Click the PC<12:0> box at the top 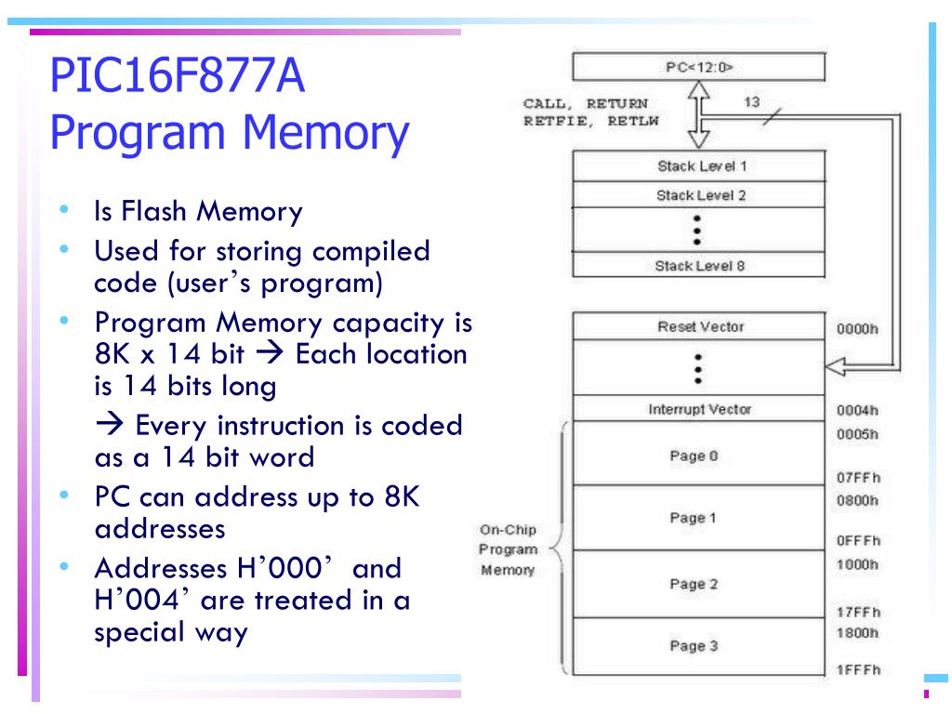point(698,67)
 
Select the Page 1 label point(694,519)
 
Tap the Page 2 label point(694,584)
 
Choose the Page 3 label point(694,646)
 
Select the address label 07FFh point(857,478)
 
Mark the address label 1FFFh point(857,670)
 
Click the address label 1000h point(857,564)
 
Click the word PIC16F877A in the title point(178,77)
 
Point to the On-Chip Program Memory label point(507,549)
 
